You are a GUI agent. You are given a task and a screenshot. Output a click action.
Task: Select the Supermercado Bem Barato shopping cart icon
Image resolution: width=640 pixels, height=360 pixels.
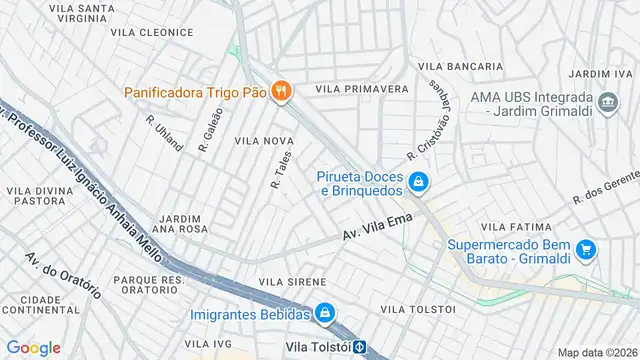[x=587, y=250]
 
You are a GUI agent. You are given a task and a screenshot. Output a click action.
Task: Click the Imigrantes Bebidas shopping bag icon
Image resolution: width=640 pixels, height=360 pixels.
[x=324, y=314]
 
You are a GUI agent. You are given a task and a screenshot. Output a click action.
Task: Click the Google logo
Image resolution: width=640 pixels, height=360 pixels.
[x=33, y=347]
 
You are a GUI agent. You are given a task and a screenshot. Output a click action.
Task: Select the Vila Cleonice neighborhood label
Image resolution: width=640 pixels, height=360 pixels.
[x=152, y=32]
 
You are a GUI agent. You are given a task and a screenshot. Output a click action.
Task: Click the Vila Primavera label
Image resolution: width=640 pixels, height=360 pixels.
[x=362, y=89]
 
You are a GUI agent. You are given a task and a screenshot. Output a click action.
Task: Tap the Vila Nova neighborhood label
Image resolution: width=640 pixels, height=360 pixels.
[x=263, y=142]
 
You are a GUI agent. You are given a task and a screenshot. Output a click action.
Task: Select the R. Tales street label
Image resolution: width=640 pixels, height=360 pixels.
[x=281, y=171]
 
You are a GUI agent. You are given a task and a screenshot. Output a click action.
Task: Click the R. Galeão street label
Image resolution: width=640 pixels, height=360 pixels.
[x=208, y=130]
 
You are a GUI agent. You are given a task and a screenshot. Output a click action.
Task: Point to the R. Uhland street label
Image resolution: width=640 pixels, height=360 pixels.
[x=164, y=133]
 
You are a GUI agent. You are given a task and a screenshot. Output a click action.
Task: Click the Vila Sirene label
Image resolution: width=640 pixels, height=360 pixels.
[x=292, y=283]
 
